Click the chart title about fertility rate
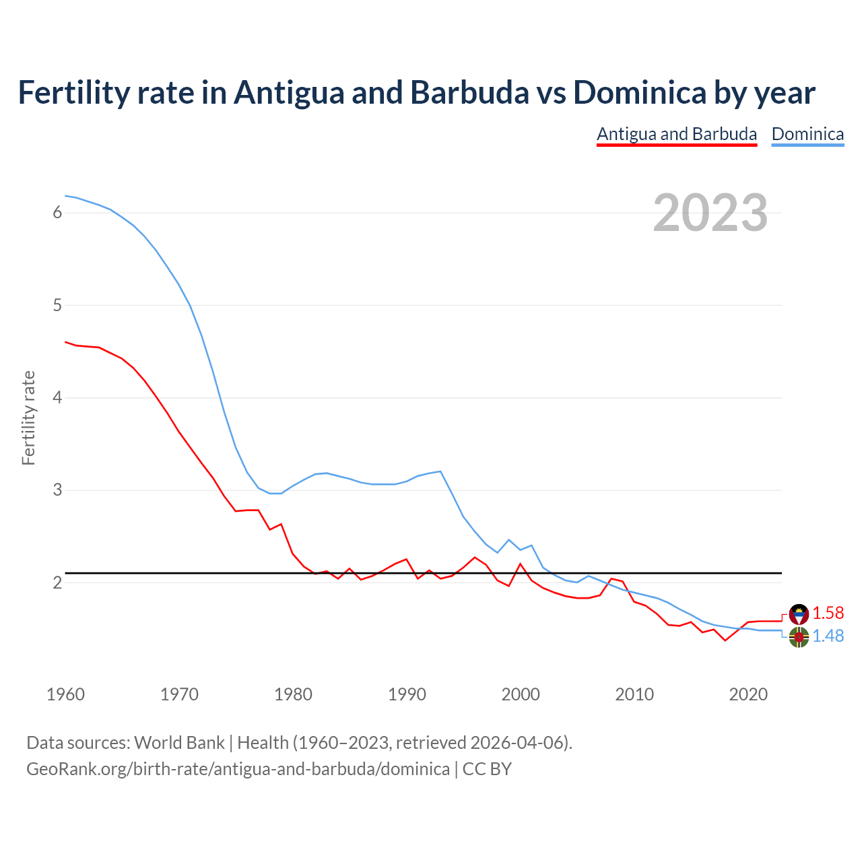pos(416,93)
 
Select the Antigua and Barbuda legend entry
pos(677,134)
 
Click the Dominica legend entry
pos(807,134)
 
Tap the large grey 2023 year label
pos(710,213)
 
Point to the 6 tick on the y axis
pos(57,213)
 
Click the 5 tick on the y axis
pos(57,305)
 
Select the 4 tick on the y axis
pos(57,397)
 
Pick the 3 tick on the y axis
pos(57,490)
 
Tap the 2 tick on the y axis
pos(57,583)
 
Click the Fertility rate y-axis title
pos(28,418)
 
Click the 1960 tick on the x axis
pos(65,694)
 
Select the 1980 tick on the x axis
pos(293,694)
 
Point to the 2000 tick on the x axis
pos(521,694)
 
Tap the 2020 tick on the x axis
pos(748,694)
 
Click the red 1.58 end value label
pos(828,613)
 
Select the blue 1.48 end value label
pos(828,636)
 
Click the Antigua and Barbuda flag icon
pos(799,614)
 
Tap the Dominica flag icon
pos(799,636)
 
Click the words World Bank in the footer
pos(179,743)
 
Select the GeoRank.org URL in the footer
pos(238,769)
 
